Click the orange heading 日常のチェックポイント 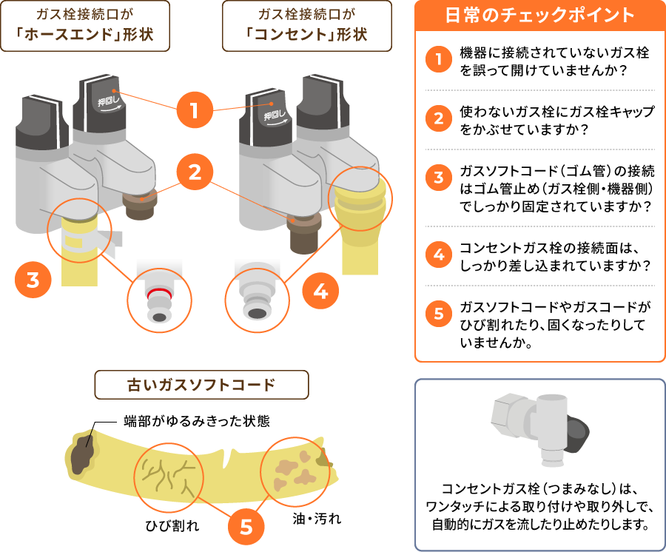point(540,16)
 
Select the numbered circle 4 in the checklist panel point(439,255)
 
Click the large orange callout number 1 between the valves point(194,112)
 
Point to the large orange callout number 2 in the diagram point(194,173)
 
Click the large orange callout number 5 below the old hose point(246,526)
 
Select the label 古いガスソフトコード point(201,385)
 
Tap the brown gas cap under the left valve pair point(139,205)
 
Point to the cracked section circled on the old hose point(168,476)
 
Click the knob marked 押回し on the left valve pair point(103,103)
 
